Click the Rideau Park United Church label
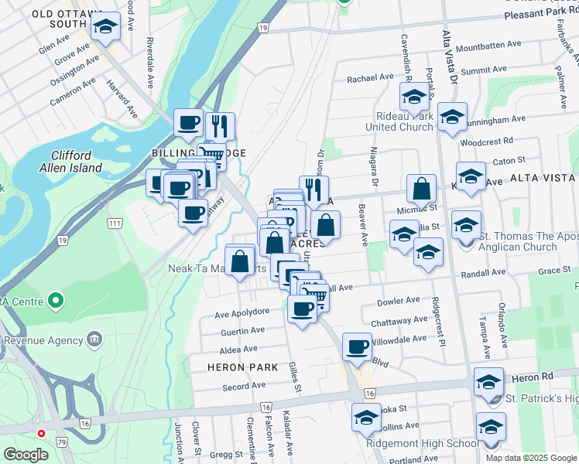tap(399, 120)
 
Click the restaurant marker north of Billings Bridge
tap(220, 126)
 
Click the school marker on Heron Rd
tap(488, 382)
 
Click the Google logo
tap(26, 455)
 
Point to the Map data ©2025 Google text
tap(531, 457)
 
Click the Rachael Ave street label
tap(371, 78)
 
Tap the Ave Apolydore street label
tap(242, 312)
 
